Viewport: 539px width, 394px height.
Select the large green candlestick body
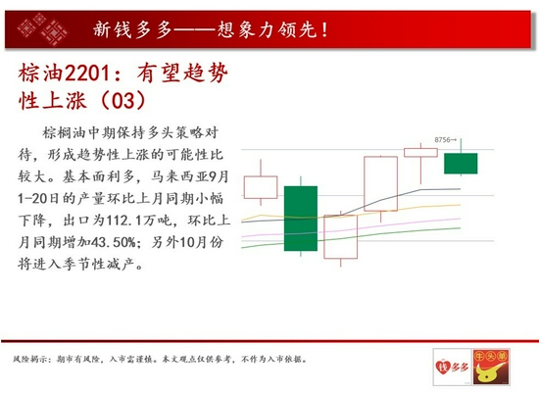click(x=301, y=219)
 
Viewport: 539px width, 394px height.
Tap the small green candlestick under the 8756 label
click(x=461, y=164)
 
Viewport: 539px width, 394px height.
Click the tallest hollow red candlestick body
click(x=381, y=183)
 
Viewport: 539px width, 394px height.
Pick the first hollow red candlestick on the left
click(x=261, y=187)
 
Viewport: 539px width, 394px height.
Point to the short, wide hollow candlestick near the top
click(x=420, y=152)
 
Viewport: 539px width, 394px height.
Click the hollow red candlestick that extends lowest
click(x=341, y=236)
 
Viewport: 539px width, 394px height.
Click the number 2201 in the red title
click(x=87, y=74)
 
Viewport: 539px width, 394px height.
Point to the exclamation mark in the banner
click(x=324, y=29)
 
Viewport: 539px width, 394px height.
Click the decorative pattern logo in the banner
click(x=42, y=28)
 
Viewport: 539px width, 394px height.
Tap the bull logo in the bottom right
click(x=491, y=367)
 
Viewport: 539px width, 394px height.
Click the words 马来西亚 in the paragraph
click(x=179, y=177)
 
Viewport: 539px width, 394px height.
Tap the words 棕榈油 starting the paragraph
click(x=65, y=133)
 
